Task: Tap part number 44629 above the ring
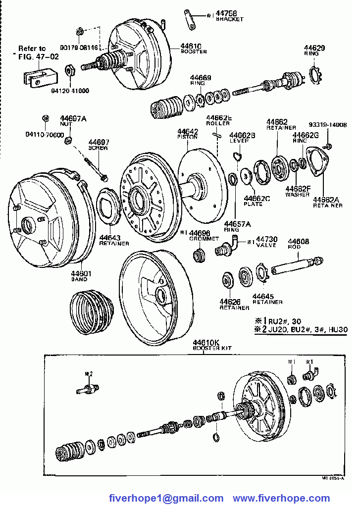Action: [x=314, y=48]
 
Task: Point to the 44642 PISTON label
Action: [x=188, y=134]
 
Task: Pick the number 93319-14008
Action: [x=327, y=125]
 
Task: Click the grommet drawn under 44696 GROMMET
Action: [x=200, y=256]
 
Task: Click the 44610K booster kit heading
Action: [x=206, y=345]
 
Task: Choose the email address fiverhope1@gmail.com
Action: [x=166, y=498]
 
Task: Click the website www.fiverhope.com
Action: [x=281, y=498]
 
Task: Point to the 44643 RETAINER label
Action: [x=114, y=240]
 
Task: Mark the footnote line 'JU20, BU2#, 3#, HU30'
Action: [x=307, y=329]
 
